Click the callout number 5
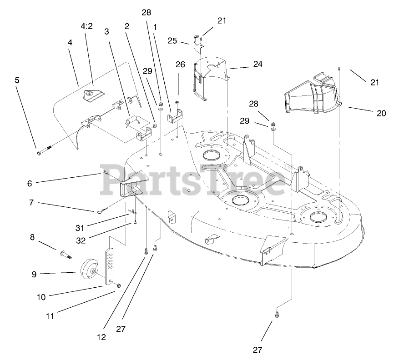(17, 80)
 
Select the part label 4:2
(86, 26)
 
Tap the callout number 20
(381, 113)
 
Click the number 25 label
(172, 40)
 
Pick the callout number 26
(180, 65)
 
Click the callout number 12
(101, 337)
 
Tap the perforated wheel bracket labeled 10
(110, 266)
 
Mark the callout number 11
(50, 316)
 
